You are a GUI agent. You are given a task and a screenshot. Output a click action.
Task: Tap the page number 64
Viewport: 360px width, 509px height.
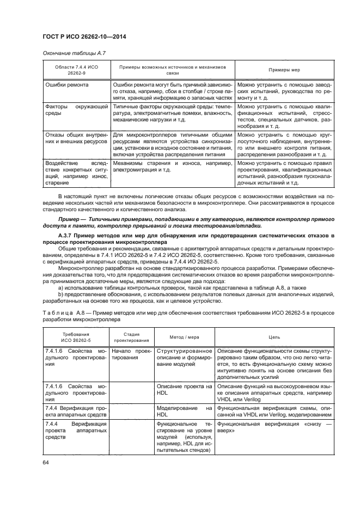click(46, 463)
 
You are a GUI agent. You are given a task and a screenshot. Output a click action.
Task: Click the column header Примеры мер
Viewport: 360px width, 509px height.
click(283, 70)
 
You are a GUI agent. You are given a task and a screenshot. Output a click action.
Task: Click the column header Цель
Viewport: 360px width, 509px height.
click(274, 337)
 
